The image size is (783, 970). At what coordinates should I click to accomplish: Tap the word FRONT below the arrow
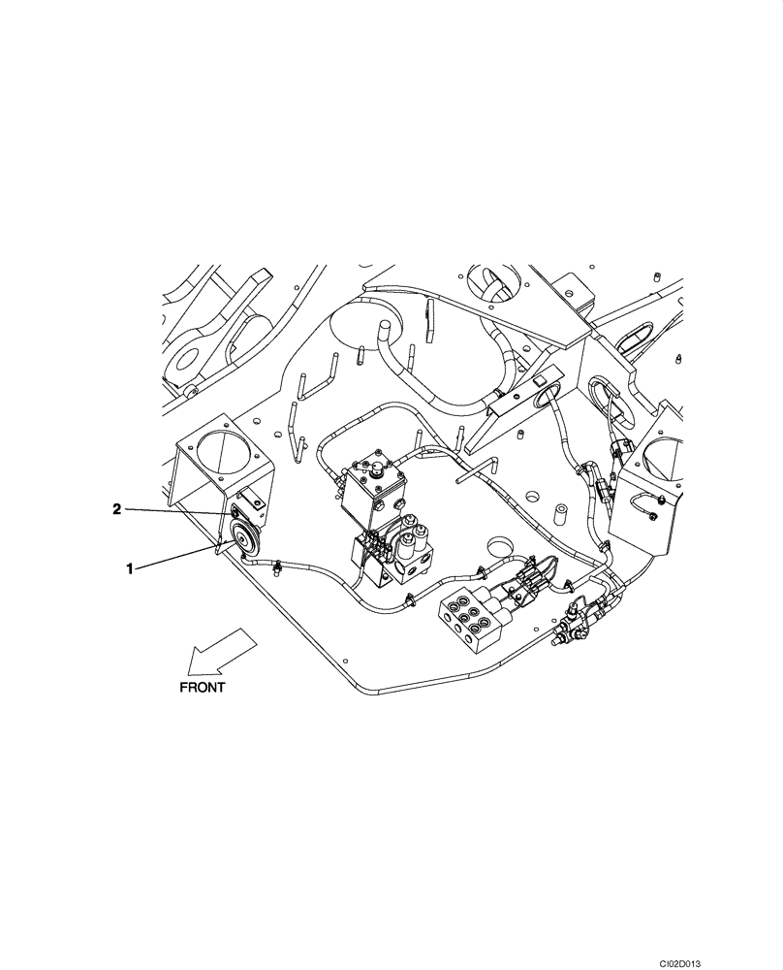point(202,686)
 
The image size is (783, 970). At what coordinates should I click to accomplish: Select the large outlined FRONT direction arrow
point(220,651)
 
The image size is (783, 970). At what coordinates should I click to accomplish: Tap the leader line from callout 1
point(179,558)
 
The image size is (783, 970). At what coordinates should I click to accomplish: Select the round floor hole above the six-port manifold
point(502,544)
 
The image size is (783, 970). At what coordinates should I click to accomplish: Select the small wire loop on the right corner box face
point(643,501)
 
